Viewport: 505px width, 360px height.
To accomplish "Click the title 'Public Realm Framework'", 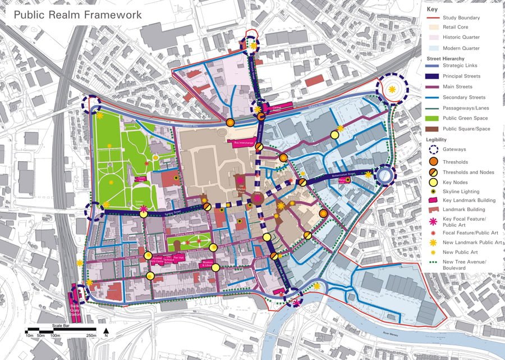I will pos(78,15).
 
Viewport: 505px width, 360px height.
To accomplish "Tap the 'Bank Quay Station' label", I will pos(75,308).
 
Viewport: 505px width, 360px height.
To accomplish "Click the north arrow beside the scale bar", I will pos(105,331).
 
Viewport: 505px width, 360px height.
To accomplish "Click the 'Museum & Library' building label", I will pos(208,263).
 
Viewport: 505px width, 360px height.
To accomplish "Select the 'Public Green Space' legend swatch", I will pos(431,119).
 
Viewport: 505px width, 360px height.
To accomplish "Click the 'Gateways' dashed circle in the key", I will pos(431,151).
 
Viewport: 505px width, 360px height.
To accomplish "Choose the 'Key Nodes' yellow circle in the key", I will pos(431,183).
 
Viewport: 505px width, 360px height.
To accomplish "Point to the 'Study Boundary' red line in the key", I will pos(431,18).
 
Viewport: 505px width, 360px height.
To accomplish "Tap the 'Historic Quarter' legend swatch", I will pos(431,38).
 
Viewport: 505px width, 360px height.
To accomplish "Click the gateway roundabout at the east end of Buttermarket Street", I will pos(384,176).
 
